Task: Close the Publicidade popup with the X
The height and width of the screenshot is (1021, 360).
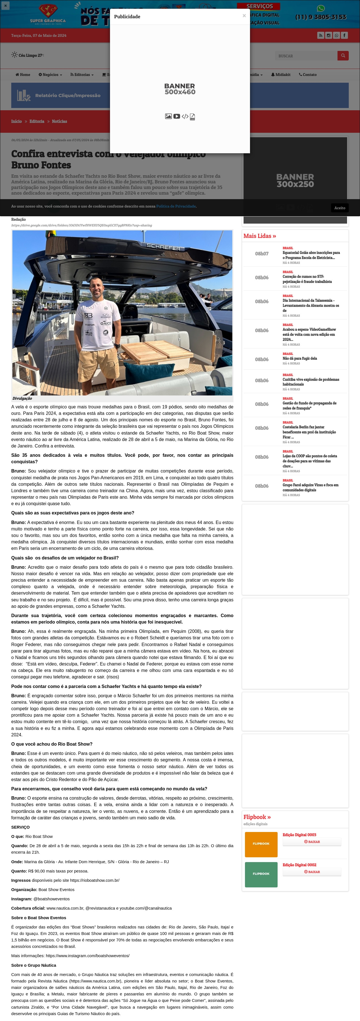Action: [244, 16]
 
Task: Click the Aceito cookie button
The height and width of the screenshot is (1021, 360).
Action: [339, 208]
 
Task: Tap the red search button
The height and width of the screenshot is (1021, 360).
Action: [343, 55]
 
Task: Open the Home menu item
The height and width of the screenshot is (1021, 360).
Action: [22, 75]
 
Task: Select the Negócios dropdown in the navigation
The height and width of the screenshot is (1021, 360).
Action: [50, 75]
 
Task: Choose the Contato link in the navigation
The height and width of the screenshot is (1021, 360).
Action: [308, 75]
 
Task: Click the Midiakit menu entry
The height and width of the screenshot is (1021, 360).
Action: [281, 75]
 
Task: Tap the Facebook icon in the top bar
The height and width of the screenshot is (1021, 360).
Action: [345, 35]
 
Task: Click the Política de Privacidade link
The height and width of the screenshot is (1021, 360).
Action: [175, 206]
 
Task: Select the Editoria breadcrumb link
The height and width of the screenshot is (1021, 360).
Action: [37, 121]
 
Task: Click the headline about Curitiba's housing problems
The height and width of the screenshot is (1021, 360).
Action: [310, 382]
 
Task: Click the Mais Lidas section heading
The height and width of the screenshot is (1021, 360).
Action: [259, 236]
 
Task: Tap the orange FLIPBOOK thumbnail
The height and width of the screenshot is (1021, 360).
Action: [261, 844]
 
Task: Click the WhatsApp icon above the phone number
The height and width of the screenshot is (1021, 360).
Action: [320, 8]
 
